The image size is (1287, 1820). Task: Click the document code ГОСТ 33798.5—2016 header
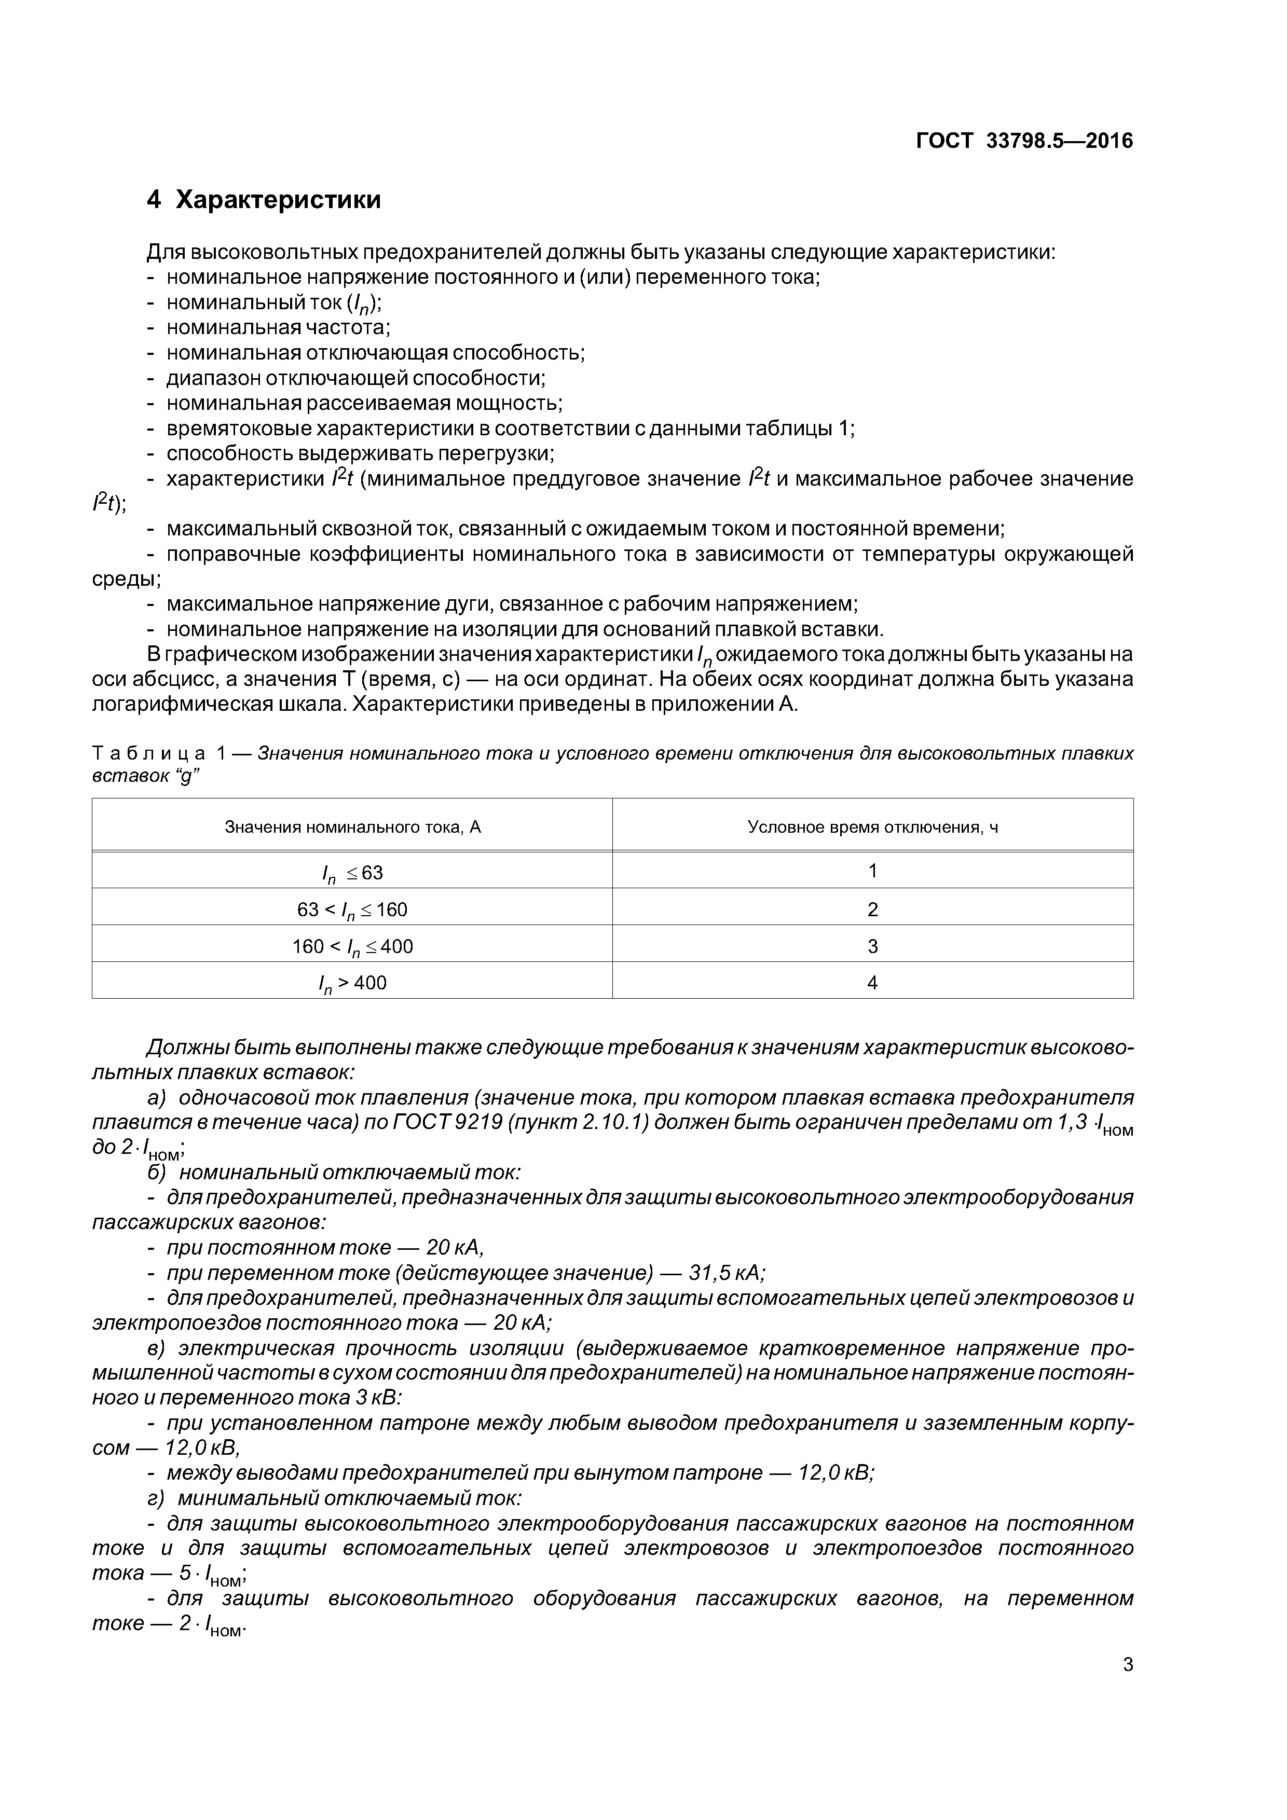click(1024, 141)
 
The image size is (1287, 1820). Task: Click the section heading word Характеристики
click(278, 200)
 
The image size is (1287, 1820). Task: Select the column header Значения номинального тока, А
click(353, 827)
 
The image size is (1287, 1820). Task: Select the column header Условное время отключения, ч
click(872, 827)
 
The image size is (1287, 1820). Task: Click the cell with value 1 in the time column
click(872, 871)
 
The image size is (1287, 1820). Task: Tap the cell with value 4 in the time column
click(872, 983)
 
